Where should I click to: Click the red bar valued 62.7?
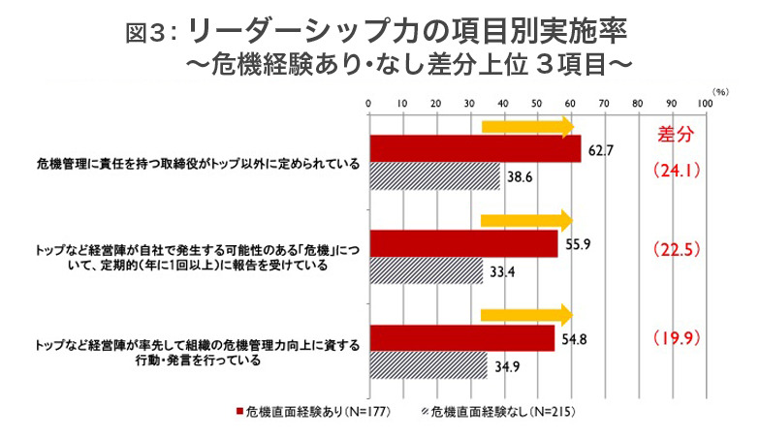click(x=474, y=149)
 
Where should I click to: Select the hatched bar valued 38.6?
click(x=433, y=176)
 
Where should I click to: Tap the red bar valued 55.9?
click(x=462, y=243)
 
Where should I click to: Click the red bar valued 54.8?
click(x=460, y=337)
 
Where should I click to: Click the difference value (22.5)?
click(x=677, y=247)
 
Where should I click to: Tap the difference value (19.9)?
click(x=677, y=339)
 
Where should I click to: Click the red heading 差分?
click(x=676, y=133)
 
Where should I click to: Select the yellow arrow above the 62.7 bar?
click(x=527, y=126)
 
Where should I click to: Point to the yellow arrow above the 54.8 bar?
click(x=527, y=313)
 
